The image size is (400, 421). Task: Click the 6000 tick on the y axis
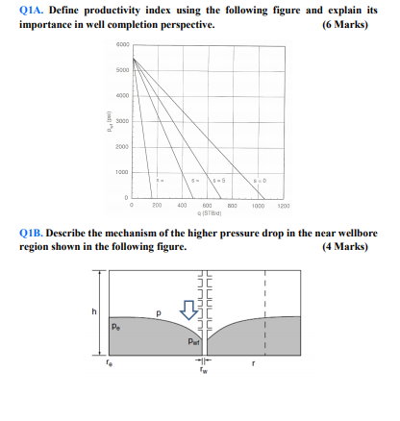point(122,45)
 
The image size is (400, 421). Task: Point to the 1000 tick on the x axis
point(257,205)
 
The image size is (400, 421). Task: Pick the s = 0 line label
point(260,180)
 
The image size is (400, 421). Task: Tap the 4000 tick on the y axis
point(122,96)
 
